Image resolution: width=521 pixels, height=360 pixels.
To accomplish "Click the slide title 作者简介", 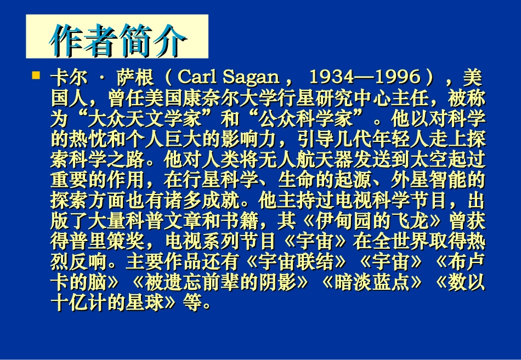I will coord(117,38).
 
